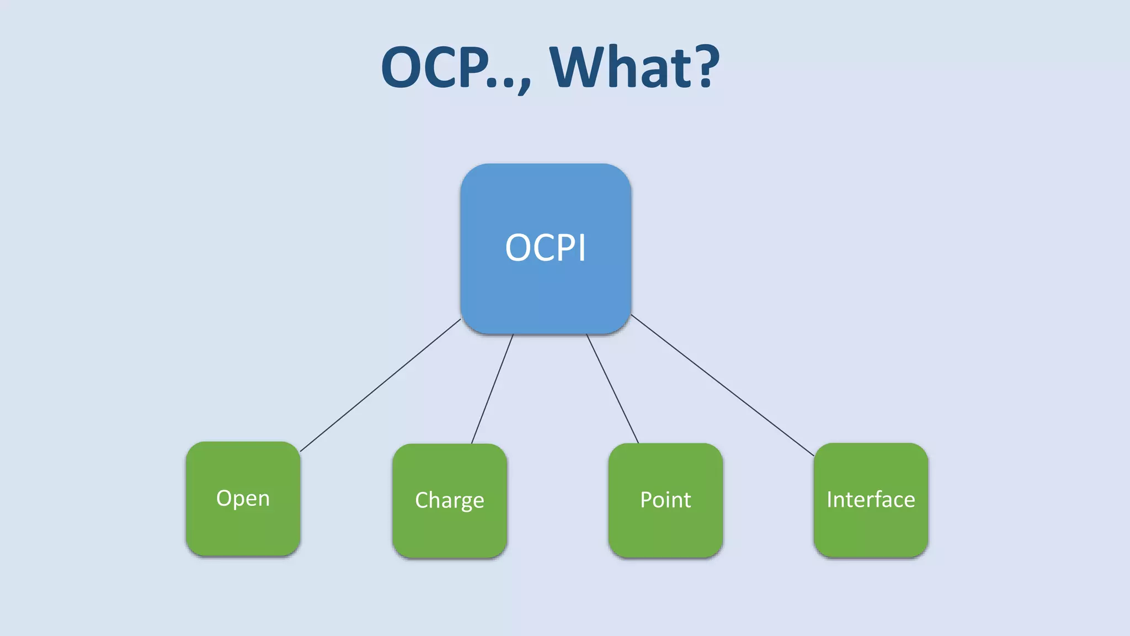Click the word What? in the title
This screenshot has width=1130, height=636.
coord(635,67)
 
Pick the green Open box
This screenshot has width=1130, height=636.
coord(243,530)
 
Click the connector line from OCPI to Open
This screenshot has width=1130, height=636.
coord(381,385)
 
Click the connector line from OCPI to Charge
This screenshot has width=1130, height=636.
coord(492,389)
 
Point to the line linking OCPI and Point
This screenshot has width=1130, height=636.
coord(612,388)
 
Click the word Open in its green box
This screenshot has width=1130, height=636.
coord(243,499)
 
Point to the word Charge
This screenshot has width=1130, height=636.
coord(449,500)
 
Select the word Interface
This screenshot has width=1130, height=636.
coord(871,500)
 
